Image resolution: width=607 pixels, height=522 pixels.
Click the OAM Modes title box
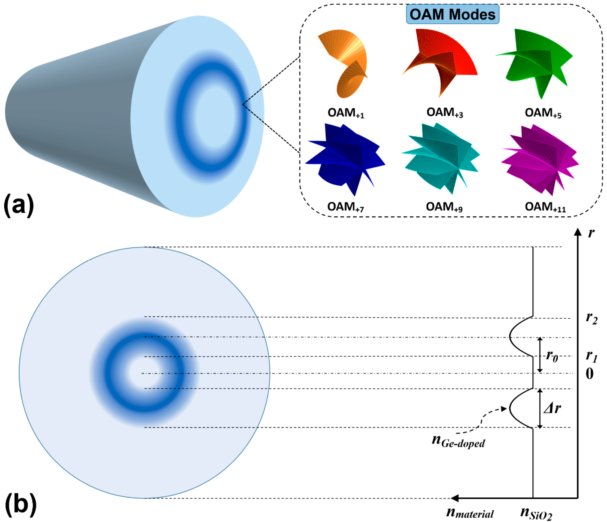point(452,14)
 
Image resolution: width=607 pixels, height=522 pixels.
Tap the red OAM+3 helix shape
point(439,62)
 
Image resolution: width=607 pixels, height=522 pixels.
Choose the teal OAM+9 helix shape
point(441,158)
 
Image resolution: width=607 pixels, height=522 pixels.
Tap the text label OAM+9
point(444,207)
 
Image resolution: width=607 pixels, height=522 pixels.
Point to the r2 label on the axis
point(591,318)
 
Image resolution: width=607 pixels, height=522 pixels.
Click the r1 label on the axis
point(591,356)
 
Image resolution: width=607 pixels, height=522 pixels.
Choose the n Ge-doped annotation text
point(459,441)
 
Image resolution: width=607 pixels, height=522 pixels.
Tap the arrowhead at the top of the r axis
point(577,232)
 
